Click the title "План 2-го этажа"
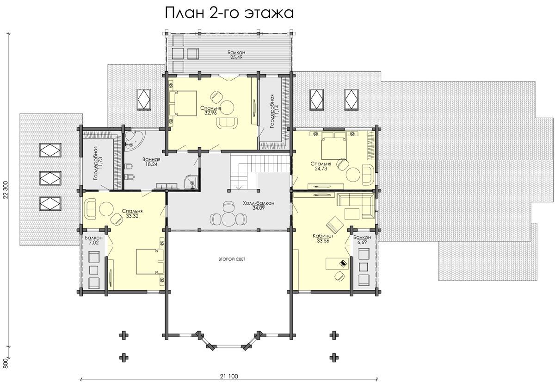click(229, 13)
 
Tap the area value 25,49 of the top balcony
click(236, 57)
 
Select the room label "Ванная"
click(151, 159)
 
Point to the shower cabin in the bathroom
click(192, 182)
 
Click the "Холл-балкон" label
click(259, 203)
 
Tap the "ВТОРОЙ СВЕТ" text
click(232, 259)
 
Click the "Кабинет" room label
click(323, 236)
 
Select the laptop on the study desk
click(343, 263)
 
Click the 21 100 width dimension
click(228, 377)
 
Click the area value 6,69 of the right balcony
click(362, 242)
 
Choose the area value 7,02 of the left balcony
click(93, 243)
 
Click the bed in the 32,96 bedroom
click(183, 103)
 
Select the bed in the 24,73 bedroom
click(334, 146)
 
